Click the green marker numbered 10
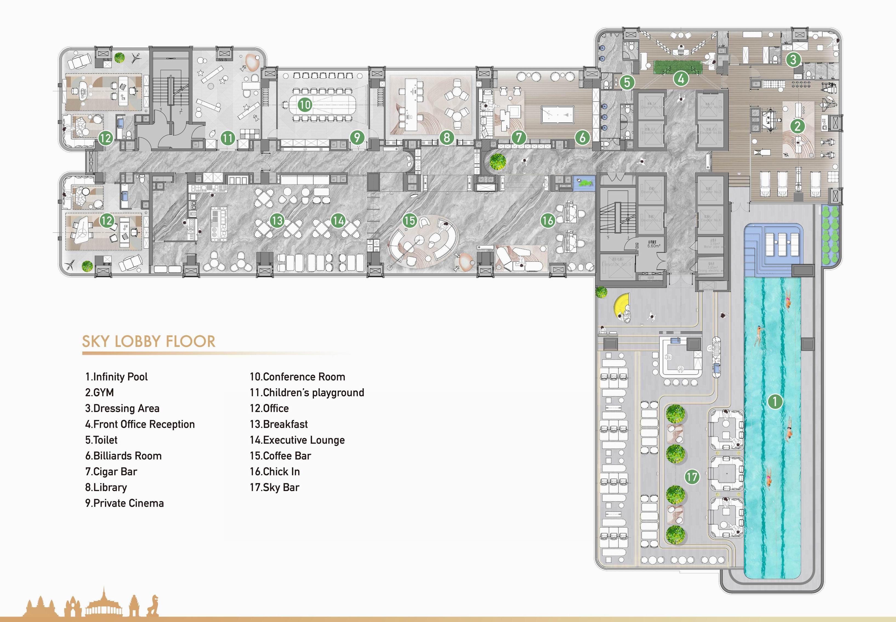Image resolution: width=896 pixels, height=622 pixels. pos(305,104)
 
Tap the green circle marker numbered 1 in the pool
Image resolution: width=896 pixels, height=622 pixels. pos(775,401)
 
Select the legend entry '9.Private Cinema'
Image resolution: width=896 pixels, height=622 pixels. pos(124,503)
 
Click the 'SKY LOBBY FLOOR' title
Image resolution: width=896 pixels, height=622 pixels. pos(149,341)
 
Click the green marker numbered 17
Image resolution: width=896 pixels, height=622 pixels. pos(692,477)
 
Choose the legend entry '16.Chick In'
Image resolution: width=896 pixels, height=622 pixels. pos(275,472)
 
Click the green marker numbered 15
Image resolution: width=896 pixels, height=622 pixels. pos(409,221)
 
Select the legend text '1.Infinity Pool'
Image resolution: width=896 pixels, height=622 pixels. pos(116,376)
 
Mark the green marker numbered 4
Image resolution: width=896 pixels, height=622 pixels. pos(681,79)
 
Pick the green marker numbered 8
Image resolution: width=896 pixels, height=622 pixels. pos(447,137)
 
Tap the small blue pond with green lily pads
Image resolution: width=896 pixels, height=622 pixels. pos(584,182)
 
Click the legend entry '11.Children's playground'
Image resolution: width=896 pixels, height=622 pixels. pos(307,392)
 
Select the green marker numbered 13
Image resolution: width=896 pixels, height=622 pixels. pos(277,221)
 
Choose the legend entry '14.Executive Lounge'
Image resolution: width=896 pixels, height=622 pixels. pos(297,440)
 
